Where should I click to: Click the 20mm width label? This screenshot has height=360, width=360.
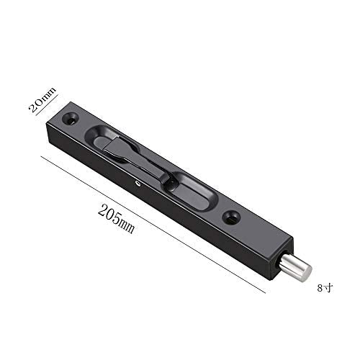click(42, 99)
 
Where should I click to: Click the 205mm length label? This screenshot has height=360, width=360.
click(116, 219)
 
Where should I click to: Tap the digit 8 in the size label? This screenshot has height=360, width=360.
click(320, 288)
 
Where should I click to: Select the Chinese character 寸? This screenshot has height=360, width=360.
click(328, 288)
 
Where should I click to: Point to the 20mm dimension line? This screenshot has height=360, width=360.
click(47, 105)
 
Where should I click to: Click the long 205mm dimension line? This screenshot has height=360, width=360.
click(153, 225)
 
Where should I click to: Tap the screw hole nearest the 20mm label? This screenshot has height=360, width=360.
click(71, 118)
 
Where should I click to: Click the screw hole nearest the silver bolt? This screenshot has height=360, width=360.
click(231, 217)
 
